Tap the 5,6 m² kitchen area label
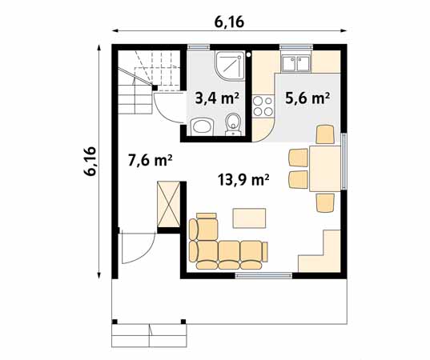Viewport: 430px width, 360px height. tap(307, 99)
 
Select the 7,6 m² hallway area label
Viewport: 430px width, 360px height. tap(151, 159)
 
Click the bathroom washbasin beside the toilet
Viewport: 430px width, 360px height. tap(202, 125)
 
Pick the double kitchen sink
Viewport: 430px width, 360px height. tap(296, 62)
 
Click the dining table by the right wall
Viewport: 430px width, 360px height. tap(325, 168)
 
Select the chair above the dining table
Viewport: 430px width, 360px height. tap(324, 134)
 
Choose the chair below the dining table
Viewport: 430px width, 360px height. tap(325, 203)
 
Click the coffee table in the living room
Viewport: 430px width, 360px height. tap(248, 218)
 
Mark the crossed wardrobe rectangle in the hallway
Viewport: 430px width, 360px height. tap(169, 203)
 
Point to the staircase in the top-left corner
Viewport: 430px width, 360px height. tap(136, 80)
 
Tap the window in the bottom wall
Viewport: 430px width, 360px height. tap(263, 276)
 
